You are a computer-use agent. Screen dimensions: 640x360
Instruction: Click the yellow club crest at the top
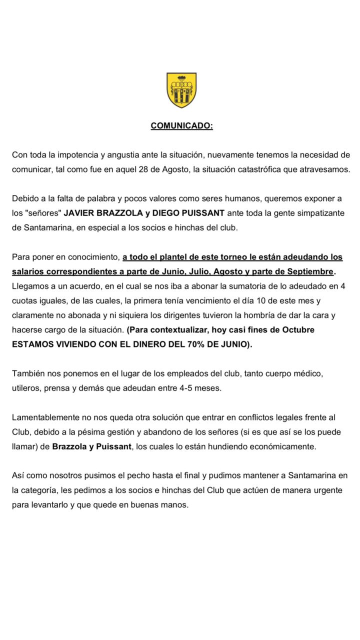point(181,90)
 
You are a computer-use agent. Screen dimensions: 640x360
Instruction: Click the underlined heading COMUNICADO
point(181,125)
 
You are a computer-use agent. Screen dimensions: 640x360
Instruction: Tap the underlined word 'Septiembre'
point(310,271)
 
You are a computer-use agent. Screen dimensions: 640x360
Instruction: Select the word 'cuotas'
point(24,301)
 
